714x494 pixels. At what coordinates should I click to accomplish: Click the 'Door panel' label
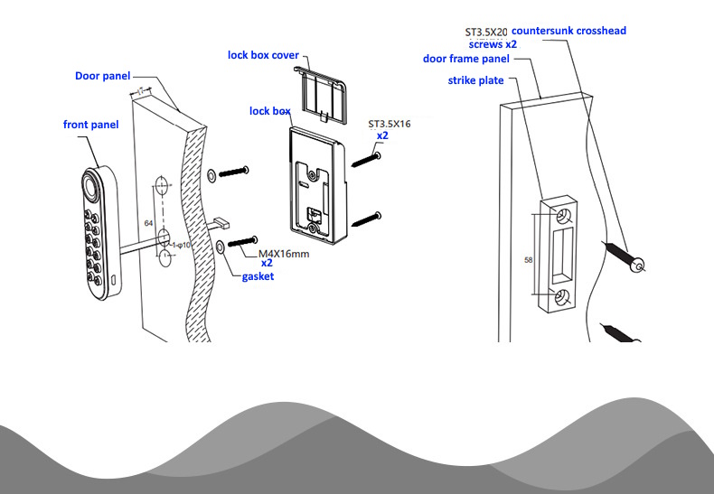point(102,76)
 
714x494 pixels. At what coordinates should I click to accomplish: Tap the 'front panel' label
point(90,124)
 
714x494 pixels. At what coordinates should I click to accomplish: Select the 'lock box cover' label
point(262,55)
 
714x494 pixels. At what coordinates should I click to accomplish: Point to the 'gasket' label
point(258,276)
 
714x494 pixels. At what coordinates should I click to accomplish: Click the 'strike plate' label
point(475,80)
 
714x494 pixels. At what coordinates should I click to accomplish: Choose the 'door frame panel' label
point(466,60)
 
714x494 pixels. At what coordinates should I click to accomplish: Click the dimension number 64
point(148,221)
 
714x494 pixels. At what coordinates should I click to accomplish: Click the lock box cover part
point(324,85)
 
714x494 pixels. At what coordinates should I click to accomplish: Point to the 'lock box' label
point(270,111)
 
